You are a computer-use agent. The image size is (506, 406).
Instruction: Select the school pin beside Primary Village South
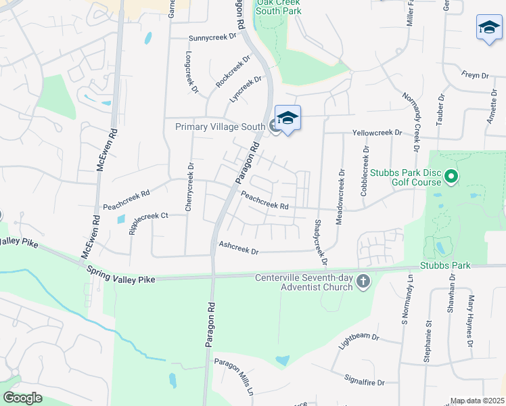(287, 118)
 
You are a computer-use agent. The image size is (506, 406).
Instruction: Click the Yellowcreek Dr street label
(377, 133)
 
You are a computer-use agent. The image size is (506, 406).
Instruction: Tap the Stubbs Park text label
(444, 265)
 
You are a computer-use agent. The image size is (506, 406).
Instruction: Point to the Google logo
(22, 398)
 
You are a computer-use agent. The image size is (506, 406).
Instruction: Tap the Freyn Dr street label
(474, 75)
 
